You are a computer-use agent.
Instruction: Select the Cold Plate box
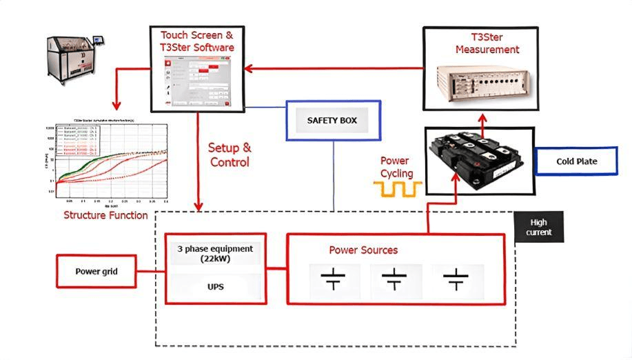[576, 161]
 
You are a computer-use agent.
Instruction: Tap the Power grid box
[96, 271]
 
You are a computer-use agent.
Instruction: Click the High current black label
[540, 227]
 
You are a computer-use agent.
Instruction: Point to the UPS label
[215, 284]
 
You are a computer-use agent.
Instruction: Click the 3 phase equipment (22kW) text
[215, 253]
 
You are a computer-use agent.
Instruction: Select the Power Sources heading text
[363, 250]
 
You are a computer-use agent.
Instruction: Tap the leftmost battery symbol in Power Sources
[333, 280]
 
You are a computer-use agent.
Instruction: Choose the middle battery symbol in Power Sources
[394, 280]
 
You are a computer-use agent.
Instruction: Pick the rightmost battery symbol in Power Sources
[455, 280]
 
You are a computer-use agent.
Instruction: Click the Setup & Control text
[230, 155]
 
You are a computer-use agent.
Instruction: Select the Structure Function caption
[105, 215]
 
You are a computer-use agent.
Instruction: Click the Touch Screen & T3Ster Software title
[197, 41]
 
